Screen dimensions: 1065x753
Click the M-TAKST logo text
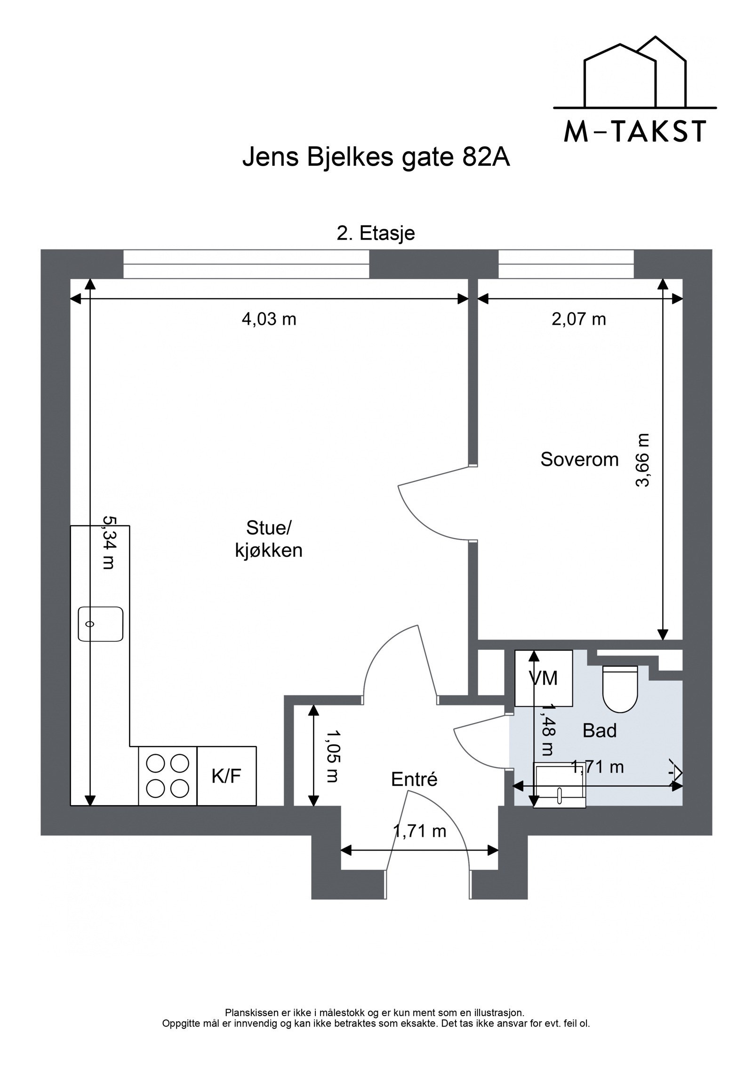point(635,131)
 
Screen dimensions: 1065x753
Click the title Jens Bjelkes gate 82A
point(376,158)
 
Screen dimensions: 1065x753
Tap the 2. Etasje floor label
point(376,233)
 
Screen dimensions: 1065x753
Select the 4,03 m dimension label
point(269,320)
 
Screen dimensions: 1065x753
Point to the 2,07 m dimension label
point(578,320)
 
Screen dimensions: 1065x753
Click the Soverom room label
point(579,459)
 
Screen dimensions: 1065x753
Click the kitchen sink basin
point(100,624)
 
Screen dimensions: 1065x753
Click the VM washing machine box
point(544,678)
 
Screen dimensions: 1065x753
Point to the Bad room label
point(599,730)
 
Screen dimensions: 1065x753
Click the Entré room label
point(414,779)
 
